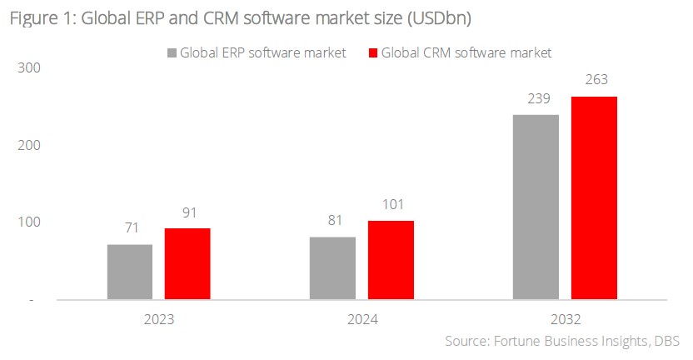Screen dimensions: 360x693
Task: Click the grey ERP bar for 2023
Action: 130,272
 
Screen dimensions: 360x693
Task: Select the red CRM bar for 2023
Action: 187,263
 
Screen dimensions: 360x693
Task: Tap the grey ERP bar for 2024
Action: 332,267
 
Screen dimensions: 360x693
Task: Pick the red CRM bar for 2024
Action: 390,260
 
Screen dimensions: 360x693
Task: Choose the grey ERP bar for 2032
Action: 536,207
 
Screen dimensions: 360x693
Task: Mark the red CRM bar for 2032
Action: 594,197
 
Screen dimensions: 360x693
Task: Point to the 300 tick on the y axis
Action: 28,68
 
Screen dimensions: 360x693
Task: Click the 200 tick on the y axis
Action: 28,145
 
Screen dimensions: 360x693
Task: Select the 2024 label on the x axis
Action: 361,318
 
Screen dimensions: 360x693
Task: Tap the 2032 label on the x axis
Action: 565,318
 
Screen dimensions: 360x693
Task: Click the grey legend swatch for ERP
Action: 172,53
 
